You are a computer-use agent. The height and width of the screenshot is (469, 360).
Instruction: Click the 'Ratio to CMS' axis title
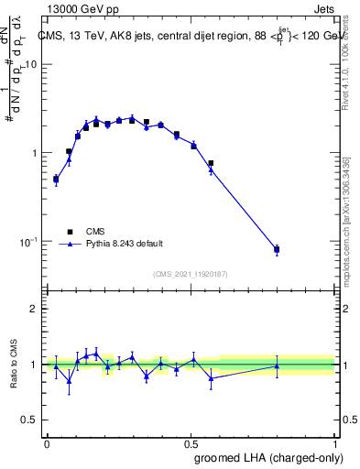14,364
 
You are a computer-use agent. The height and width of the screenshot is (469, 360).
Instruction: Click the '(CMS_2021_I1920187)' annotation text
191,273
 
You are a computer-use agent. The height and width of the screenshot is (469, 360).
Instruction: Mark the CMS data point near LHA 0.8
277,249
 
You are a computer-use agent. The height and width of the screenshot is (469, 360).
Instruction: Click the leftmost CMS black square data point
56,180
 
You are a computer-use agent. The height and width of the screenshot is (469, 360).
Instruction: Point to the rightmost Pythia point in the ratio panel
277,365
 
